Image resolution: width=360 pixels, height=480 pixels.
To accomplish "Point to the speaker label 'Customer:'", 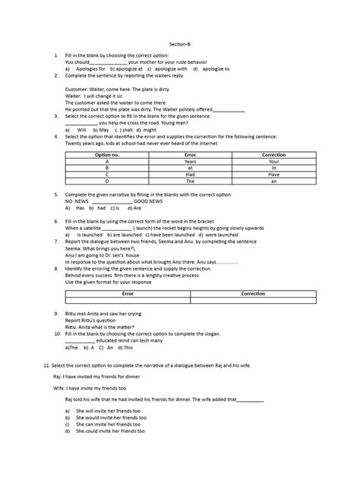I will click(x=79, y=88).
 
